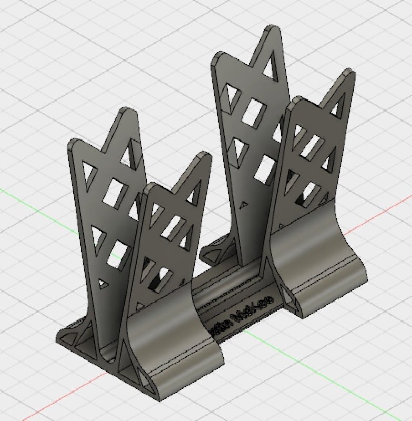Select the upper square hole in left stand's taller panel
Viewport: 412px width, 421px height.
pos(116,192)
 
